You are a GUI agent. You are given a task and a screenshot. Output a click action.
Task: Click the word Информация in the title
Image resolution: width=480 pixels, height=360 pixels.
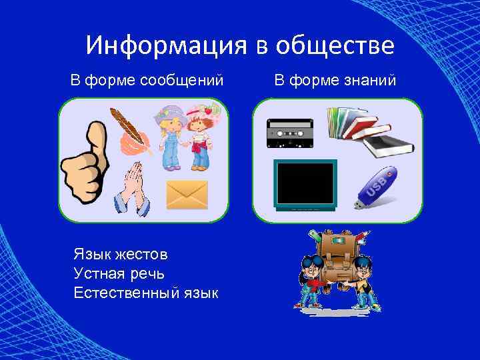coord(167,45)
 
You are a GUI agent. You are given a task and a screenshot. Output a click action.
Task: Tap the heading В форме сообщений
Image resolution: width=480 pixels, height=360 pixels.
coord(147,81)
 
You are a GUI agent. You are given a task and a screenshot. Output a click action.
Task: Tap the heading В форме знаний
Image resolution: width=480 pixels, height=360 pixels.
coord(335,81)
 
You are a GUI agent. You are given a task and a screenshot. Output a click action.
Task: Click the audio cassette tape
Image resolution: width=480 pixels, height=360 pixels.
coord(290,133)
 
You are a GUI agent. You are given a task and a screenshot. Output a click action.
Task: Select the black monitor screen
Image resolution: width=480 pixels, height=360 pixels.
coord(306,184)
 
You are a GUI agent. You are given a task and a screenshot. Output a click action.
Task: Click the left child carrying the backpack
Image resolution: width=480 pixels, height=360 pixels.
coord(311,280)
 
